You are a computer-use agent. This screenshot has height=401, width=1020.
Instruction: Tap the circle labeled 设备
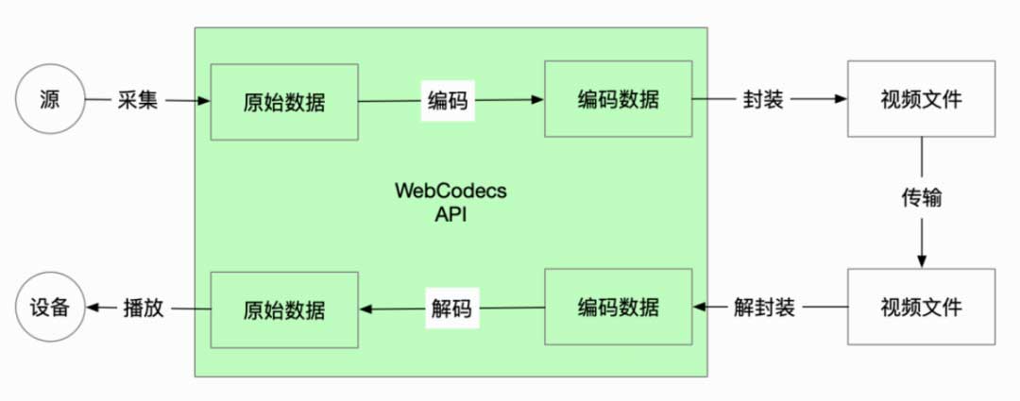(x=50, y=308)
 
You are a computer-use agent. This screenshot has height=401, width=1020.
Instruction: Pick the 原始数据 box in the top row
(x=284, y=101)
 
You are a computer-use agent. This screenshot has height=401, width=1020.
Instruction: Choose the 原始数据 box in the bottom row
(x=284, y=309)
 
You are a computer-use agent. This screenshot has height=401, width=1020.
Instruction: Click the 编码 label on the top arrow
(x=448, y=100)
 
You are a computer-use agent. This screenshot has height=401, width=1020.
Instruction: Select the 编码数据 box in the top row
(x=618, y=98)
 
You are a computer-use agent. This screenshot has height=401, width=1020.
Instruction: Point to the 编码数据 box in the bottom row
(x=618, y=307)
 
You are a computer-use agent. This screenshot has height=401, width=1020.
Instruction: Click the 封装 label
(x=762, y=99)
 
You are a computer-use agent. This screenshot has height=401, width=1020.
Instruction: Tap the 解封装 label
(x=764, y=307)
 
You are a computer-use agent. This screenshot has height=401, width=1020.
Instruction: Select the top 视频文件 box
(x=922, y=98)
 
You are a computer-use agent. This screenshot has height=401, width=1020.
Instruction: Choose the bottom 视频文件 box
(x=922, y=307)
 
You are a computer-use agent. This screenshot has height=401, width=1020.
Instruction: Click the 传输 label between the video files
(x=921, y=199)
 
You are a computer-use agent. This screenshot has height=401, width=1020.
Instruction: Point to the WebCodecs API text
(x=450, y=201)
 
